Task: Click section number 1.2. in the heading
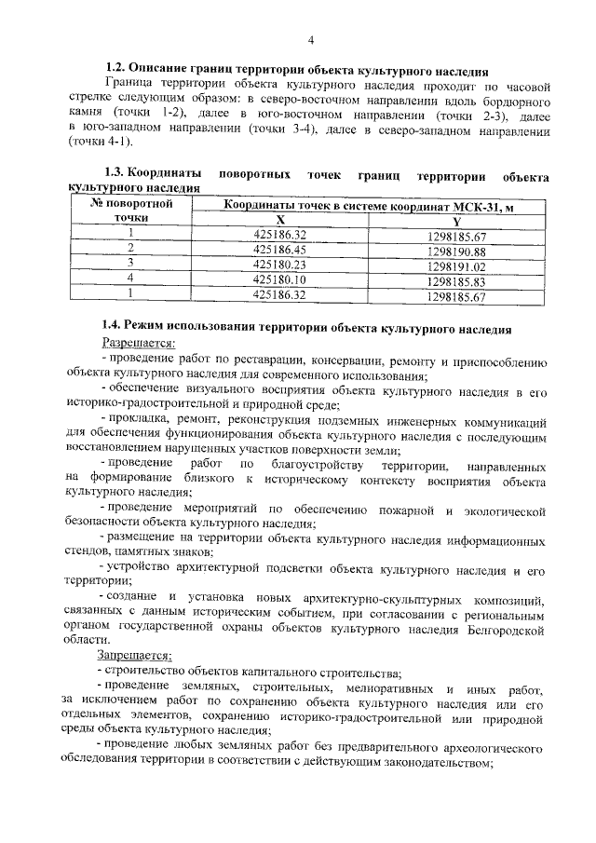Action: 115,68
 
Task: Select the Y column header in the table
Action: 456,220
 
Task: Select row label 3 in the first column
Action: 131,264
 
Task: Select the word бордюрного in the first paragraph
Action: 506,98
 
